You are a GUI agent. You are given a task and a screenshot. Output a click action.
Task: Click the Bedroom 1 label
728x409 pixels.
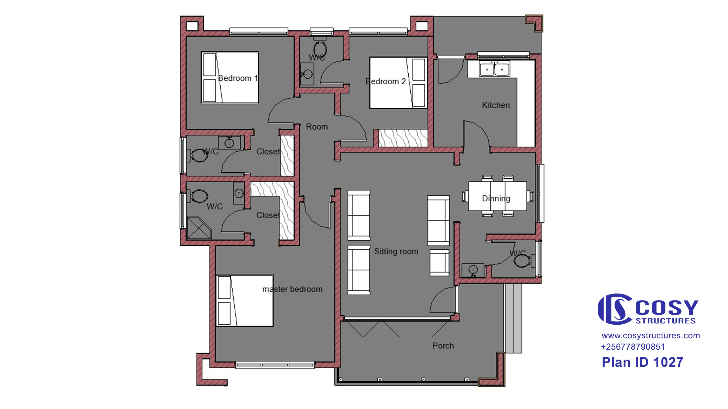[238, 78]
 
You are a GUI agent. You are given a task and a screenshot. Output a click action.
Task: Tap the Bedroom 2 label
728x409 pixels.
[386, 82]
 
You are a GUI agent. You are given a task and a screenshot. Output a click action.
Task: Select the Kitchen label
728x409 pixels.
[496, 105]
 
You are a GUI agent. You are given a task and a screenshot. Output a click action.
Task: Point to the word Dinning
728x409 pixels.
[496, 199]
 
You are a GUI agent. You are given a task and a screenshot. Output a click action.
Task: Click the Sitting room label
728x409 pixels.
[396, 251]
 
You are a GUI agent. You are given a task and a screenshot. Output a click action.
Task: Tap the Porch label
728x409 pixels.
[443, 346]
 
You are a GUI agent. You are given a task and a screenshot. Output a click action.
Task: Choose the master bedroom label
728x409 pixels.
[292, 289]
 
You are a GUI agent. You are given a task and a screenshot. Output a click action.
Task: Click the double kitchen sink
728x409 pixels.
[495, 69]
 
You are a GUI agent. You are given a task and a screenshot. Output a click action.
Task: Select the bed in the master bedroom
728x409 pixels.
[245, 301]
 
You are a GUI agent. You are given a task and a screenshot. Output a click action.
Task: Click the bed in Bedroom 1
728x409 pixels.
[230, 77]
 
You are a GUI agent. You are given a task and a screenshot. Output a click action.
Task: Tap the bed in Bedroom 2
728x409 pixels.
[398, 83]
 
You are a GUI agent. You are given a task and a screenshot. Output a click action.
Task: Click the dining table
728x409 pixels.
[497, 196]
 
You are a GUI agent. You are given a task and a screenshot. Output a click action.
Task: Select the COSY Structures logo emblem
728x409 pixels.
[615, 309]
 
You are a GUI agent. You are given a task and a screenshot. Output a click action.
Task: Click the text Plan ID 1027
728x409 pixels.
[642, 362]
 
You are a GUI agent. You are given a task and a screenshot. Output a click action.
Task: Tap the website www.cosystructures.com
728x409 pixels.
[651, 335]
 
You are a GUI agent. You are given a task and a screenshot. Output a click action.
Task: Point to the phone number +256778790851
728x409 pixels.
[633, 347]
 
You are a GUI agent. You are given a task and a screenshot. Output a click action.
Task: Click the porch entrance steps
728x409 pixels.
[513, 318]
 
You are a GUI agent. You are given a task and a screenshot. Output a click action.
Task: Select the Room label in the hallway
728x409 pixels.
[317, 127]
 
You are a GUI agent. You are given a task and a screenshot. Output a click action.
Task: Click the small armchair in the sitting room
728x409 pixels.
[439, 263]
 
